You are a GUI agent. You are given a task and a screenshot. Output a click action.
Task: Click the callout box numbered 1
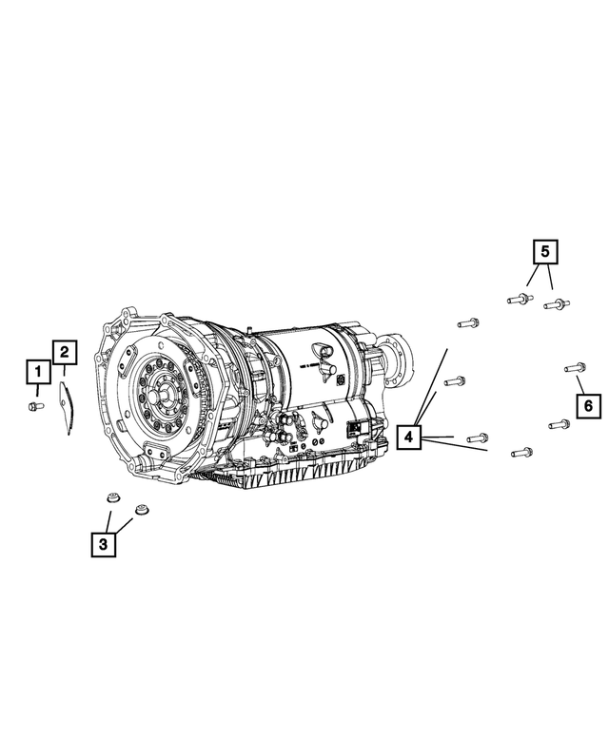pos(37,371)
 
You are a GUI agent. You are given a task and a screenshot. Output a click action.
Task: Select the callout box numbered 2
pos(65,354)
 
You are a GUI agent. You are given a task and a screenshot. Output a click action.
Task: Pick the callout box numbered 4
pos(407,437)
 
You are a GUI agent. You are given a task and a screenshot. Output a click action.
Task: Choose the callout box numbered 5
pos(545,253)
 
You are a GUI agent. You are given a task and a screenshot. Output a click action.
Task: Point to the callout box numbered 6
pos(587,406)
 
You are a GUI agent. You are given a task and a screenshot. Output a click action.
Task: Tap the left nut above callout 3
pos(111,501)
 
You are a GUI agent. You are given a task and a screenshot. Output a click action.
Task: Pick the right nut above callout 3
pos(143,510)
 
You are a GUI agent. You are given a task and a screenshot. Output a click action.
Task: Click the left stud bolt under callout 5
pos(519,299)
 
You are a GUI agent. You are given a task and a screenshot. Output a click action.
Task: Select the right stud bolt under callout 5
pos(556,304)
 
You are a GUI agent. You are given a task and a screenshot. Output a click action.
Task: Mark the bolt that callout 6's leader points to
pos(573,367)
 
